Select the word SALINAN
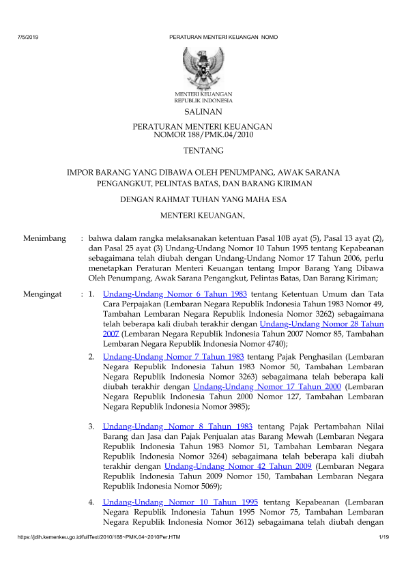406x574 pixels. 203,111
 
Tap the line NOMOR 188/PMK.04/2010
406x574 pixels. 203,134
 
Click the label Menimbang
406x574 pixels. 44,239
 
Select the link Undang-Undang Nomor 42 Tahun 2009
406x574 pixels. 238,465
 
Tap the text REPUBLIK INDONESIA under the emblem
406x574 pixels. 203,100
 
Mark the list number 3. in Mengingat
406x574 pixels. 91,427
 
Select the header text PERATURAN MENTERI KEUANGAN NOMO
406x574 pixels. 223,35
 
